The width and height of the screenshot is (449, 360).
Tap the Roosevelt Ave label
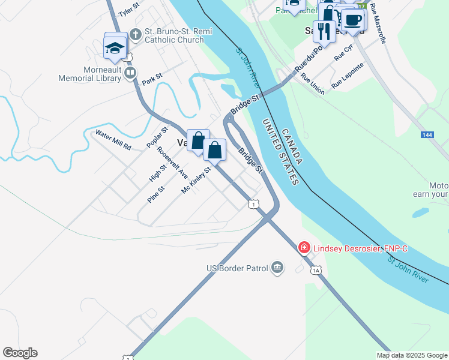point(172,163)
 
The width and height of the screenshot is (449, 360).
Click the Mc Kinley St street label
point(196,181)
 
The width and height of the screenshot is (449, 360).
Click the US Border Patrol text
point(236,268)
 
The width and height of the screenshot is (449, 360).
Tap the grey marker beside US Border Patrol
point(277,267)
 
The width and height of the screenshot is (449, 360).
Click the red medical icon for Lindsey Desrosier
point(304,247)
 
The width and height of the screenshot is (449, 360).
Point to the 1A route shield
point(316,271)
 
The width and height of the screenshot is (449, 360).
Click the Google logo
point(20,353)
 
